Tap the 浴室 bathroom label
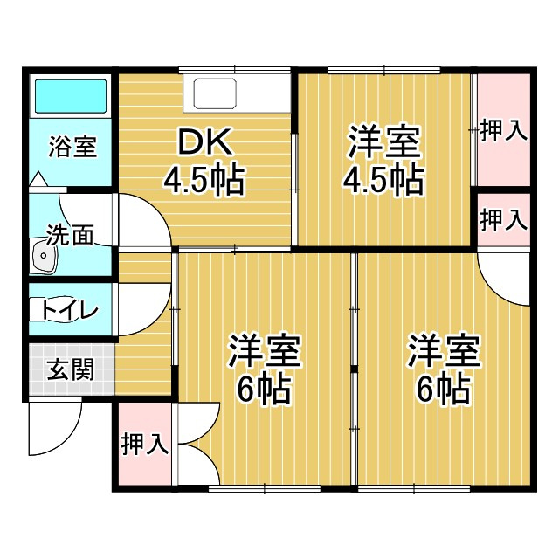[72, 146]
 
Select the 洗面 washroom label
[70, 235]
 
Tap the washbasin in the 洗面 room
[43, 256]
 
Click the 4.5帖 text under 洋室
[383, 180]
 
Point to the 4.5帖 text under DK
[203, 180]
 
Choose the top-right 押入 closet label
[504, 131]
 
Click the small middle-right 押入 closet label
[504, 219]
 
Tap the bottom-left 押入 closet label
[144, 443]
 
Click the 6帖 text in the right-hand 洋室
[443, 390]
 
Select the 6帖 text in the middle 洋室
[264, 390]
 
